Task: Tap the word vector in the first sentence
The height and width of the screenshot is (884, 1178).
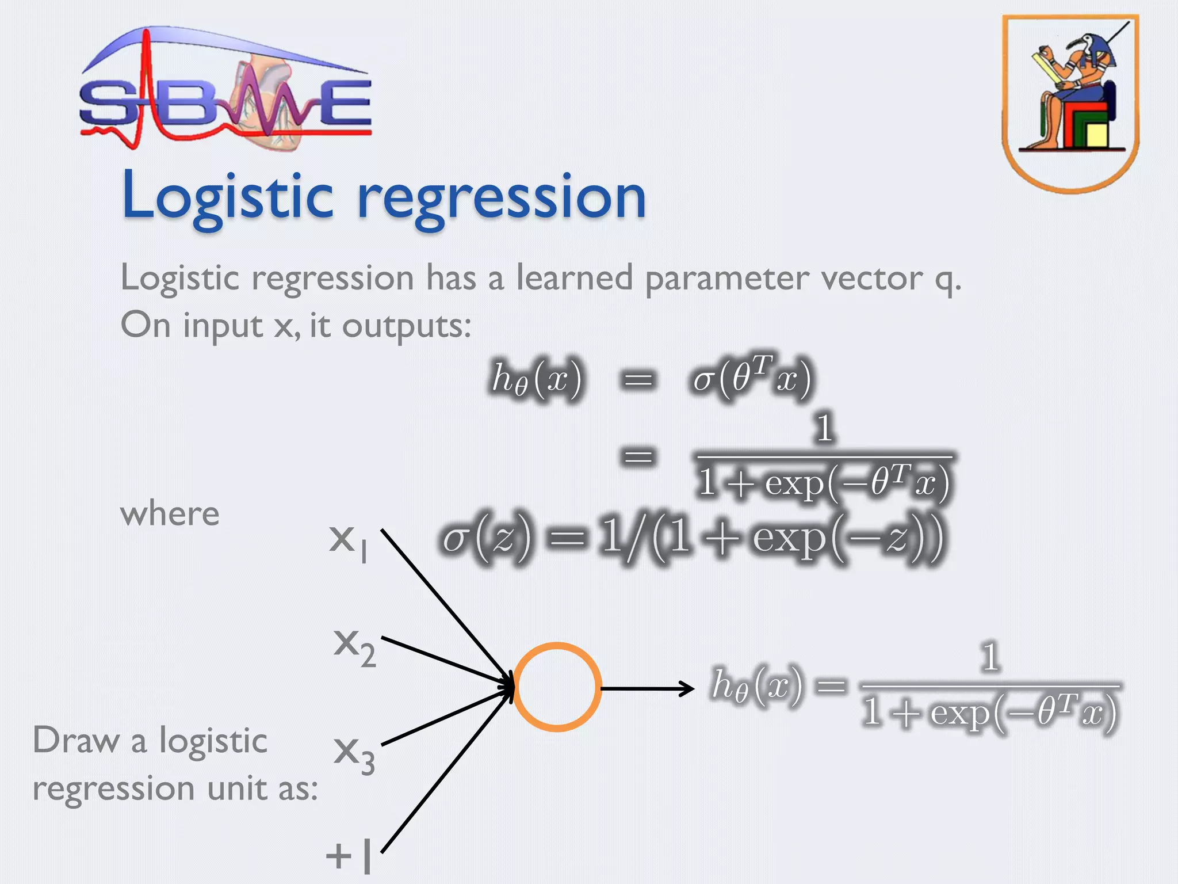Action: pyautogui.click(x=871, y=279)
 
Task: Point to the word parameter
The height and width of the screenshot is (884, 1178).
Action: pyautogui.click(x=726, y=279)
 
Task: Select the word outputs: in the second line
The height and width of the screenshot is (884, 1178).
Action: pyautogui.click(x=406, y=326)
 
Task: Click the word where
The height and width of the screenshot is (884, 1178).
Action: pyautogui.click(x=170, y=513)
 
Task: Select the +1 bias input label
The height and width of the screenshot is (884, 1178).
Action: pyautogui.click(x=349, y=856)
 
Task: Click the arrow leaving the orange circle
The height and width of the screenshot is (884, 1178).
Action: pyautogui.click(x=647, y=688)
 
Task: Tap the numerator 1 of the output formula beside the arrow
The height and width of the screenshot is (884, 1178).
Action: pyautogui.click(x=989, y=657)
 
